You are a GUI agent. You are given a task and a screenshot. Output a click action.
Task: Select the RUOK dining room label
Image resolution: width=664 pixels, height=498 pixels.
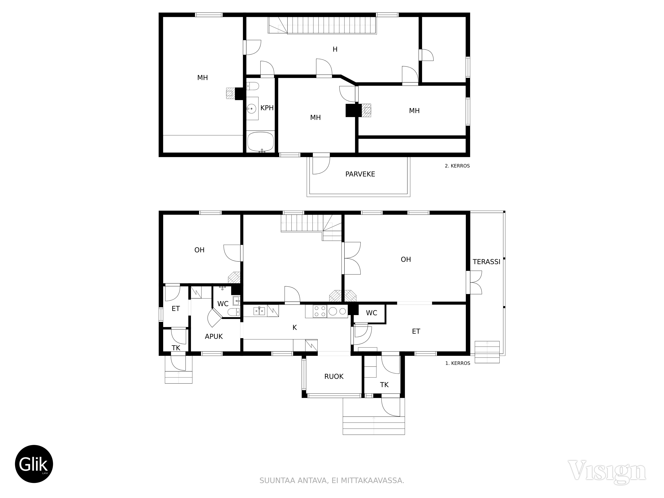click(x=334, y=376)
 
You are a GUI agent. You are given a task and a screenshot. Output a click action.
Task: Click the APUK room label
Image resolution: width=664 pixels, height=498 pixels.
click(x=214, y=336)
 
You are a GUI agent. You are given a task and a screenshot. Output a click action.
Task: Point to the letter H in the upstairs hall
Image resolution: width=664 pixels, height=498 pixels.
click(x=335, y=49)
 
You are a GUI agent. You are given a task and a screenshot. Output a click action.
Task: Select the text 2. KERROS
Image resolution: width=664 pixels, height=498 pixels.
click(x=457, y=166)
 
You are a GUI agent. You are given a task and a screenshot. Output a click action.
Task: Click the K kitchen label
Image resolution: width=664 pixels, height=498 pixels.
click(x=294, y=328)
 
